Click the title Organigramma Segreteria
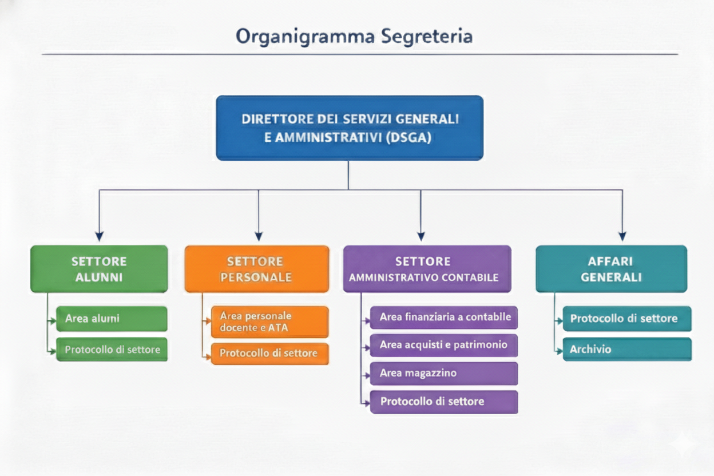354,36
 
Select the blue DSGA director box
350,128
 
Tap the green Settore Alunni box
99,269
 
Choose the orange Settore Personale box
257,269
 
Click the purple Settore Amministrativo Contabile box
427,269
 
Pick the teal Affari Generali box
611,269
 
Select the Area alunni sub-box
112,319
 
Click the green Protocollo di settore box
112,349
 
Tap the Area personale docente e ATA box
269,322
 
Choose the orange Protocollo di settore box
269,354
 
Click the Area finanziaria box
443,317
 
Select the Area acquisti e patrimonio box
443,345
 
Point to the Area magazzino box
443,373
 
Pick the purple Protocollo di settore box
443,402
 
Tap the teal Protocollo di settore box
627,319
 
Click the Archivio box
627,349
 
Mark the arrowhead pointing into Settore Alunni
100,236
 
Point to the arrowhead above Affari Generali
622,236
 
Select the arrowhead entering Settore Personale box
259,236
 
